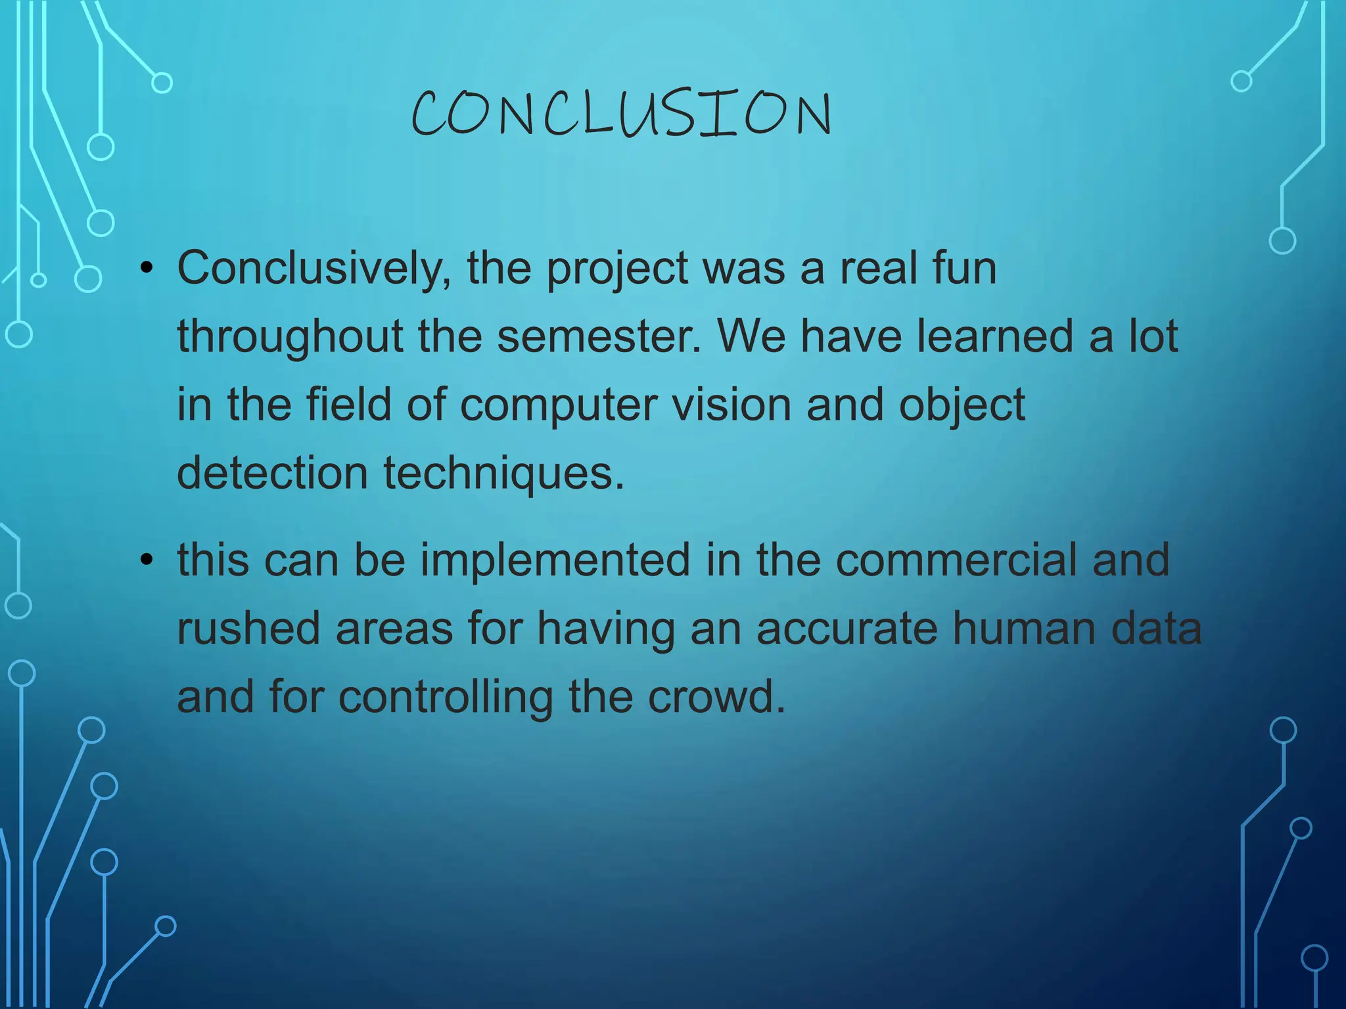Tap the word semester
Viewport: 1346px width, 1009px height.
pos(599,336)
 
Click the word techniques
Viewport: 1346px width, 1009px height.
pos(503,473)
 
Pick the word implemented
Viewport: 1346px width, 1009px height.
pos(555,560)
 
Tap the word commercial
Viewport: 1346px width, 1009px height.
pos(956,560)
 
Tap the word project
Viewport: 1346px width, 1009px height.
pos(618,269)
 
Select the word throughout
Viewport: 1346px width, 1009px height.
pos(290,337)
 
